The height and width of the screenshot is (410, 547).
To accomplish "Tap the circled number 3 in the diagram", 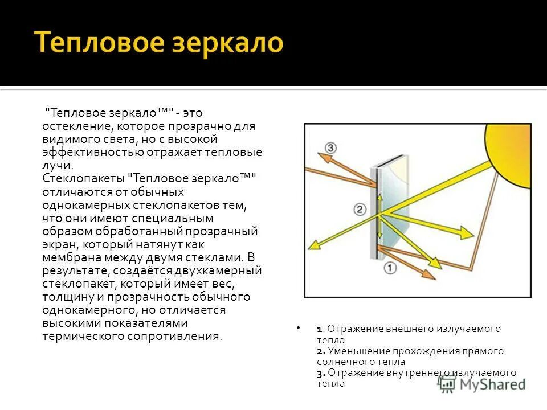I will coord(330,149).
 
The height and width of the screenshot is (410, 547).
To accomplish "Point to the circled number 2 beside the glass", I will coord(360,210).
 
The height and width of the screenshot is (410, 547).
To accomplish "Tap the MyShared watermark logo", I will coord(482,384).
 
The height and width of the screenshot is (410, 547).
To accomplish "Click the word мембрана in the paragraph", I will coord(69,257).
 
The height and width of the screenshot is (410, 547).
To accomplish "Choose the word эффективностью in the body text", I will coord(91,152).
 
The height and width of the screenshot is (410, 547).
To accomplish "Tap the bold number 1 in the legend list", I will coord(320,329).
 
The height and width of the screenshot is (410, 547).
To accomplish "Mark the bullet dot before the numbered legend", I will coord(298,329).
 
